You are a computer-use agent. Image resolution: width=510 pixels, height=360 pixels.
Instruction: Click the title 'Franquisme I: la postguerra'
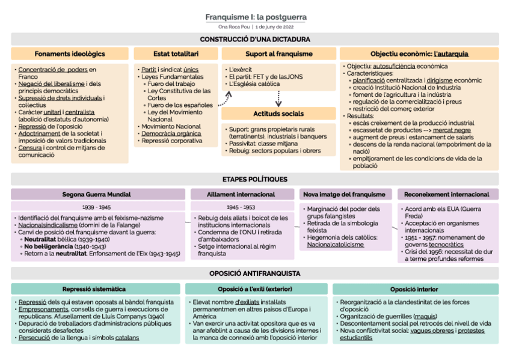coord(256,17)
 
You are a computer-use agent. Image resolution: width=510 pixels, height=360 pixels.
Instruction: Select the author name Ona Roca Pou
coord(234,27)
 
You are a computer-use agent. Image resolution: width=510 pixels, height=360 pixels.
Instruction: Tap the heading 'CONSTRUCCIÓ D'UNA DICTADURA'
coord(255,40)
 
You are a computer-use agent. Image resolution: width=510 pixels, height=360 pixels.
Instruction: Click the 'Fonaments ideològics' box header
coord(70,54)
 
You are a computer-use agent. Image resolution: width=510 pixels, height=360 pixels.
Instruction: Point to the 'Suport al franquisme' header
coord(279,54)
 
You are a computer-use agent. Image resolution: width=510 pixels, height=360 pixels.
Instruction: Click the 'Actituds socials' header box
coord(278,114)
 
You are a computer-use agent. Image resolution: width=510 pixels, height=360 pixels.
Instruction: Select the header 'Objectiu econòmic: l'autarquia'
coord(419,54)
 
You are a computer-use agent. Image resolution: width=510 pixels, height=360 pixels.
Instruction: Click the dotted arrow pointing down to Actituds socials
coord(279,98)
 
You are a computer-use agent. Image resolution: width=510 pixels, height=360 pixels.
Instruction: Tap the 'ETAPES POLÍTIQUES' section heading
coord(255,179)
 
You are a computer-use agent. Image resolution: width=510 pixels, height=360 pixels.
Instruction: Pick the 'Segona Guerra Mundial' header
coord(97,195)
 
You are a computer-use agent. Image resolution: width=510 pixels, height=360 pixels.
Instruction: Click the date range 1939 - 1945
coord(97,207)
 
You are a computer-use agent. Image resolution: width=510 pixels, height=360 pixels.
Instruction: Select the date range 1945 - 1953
coord(241,207)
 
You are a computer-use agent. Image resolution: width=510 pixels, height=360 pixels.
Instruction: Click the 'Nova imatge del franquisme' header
coord(344,195)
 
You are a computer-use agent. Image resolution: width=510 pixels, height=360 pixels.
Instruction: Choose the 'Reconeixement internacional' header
coord(447,195)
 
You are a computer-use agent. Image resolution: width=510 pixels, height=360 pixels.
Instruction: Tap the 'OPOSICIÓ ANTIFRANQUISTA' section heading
coord(255,273)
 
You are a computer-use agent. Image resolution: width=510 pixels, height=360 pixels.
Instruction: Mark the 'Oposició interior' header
coord(414,289)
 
